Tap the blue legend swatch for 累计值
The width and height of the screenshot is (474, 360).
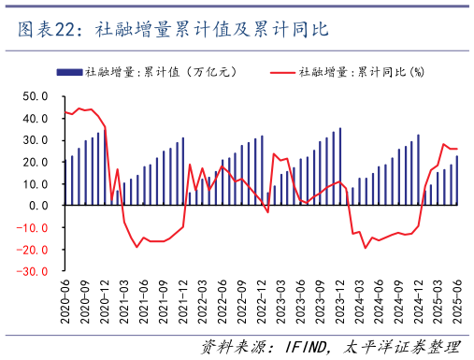[x=68, y=72]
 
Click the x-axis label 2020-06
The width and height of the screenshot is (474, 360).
[x=65, y=301]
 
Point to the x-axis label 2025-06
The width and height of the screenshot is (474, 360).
[x=457, y=301]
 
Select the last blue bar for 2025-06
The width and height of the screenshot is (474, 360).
[x=457, y=180]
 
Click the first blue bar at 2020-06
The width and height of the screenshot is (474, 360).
[x=65, y=183]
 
